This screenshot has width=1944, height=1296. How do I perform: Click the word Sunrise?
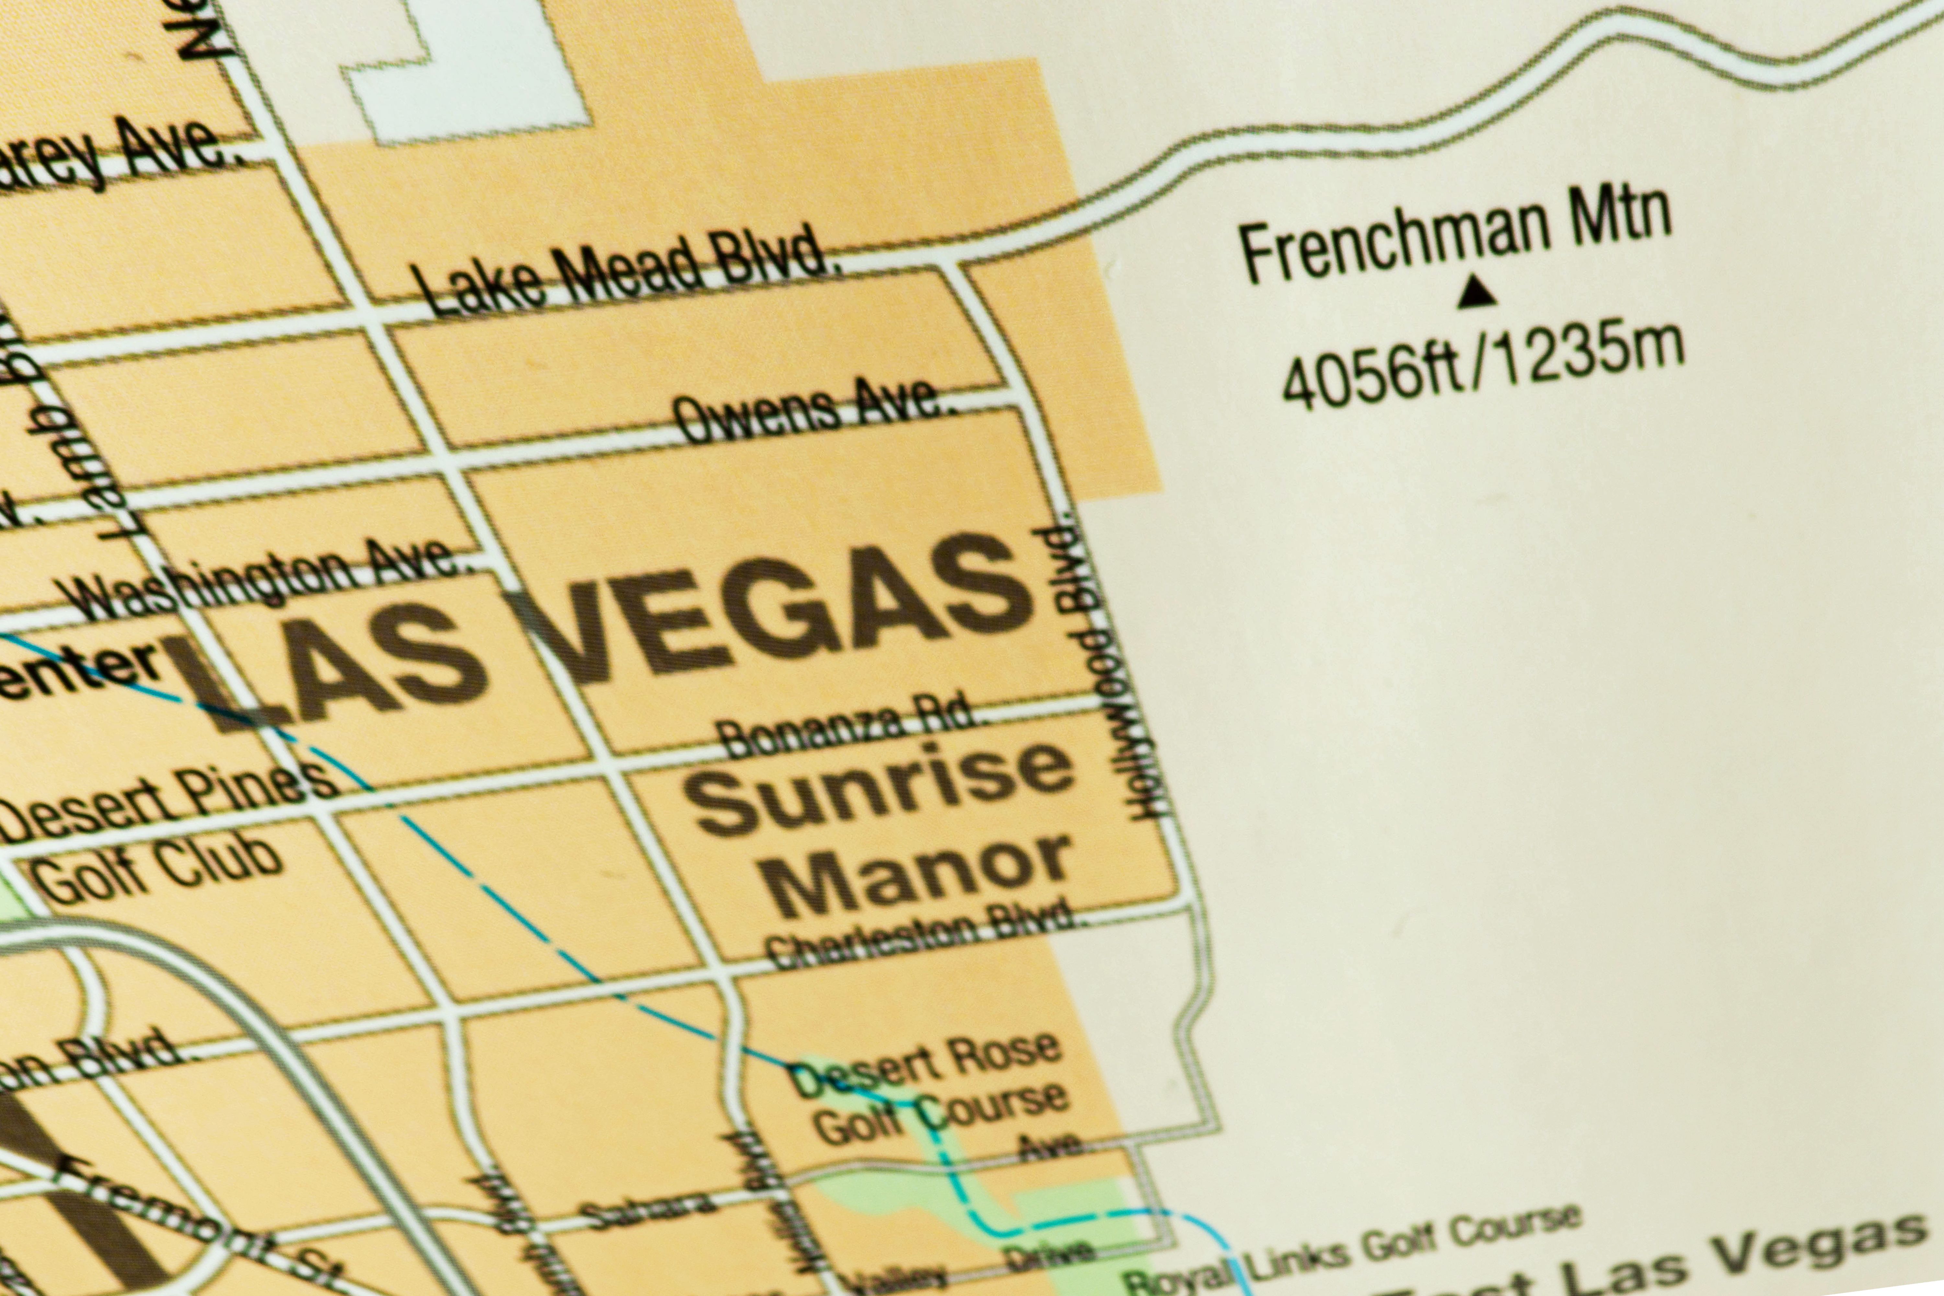click(x=880, y=789)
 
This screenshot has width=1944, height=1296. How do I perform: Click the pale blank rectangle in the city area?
click(x=467, y=70)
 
